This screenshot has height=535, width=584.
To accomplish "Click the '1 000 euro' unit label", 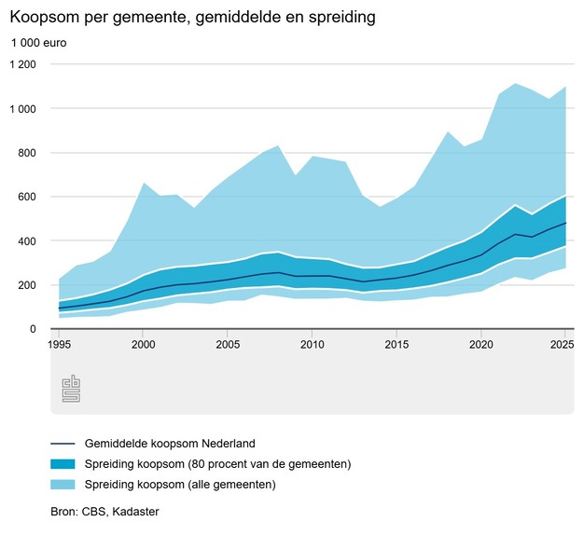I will [39, 43].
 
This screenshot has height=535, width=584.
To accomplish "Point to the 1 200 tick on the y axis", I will [23, 64].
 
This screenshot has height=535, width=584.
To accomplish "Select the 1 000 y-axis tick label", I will [23, 109].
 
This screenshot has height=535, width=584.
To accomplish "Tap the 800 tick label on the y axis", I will [26, 153].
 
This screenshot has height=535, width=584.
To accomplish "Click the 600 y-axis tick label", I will [26, 197].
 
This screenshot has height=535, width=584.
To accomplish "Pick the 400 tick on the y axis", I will [26, 241].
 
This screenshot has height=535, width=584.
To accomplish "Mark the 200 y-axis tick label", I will [26, 285].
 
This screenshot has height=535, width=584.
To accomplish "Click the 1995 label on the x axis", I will [59, 345].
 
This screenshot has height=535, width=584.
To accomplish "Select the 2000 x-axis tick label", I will [144, 345].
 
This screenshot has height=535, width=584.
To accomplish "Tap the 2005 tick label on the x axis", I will [228, 345].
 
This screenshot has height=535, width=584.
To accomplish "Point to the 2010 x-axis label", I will [313, 345].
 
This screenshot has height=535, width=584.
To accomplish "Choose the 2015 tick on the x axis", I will [396, 345].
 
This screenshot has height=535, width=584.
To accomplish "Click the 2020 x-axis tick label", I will [481, 345].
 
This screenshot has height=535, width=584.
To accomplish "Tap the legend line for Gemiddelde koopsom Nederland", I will [63, 444].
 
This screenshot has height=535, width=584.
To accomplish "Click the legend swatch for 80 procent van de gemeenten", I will [63, 464].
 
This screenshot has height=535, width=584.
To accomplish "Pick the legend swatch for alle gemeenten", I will [63, 485].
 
